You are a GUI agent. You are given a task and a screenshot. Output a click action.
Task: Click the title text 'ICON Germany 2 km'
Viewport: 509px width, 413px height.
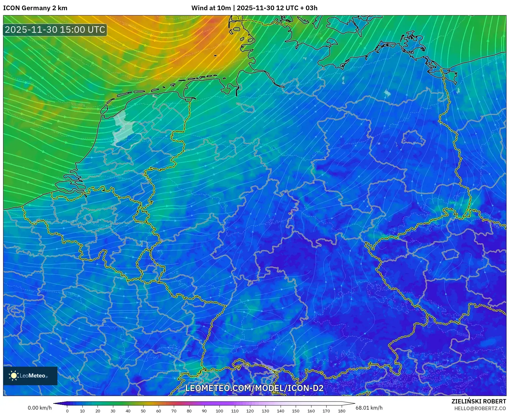coord(35,8)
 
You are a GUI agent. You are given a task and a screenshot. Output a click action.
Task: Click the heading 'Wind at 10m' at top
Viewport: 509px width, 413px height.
coord(211,8)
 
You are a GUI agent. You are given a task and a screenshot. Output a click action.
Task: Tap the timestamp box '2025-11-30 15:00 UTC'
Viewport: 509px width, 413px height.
coord(55,30)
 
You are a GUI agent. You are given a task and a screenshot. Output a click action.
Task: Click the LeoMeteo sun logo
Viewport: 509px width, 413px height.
coord(14,376)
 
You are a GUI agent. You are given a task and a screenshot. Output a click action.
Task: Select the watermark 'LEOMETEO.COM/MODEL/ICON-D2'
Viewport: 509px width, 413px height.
coord(254,388)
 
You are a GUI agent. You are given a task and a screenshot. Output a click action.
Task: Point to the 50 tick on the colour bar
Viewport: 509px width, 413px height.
coord(143,411)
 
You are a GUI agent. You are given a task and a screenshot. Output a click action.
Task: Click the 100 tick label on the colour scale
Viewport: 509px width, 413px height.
coord(219,411)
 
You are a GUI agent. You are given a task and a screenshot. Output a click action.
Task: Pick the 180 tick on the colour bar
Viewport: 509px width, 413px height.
coord(341,411)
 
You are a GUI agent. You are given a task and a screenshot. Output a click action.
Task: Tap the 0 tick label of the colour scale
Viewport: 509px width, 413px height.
coord(67,411)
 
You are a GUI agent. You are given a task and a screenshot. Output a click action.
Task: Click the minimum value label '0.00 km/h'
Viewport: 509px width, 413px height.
coord(40,408)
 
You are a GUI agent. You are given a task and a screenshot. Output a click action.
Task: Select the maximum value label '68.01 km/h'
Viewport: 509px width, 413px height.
coord(369,408)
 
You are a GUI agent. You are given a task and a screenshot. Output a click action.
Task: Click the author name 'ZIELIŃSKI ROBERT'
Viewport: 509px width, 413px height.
coord(479,401)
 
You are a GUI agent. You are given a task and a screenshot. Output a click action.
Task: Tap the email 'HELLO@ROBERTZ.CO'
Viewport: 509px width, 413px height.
coord(480,408)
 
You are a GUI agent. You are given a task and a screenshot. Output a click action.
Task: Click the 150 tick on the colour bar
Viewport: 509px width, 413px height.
coord(296,411)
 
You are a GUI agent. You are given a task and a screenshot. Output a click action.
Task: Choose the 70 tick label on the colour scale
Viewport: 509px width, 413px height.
coord(174,411)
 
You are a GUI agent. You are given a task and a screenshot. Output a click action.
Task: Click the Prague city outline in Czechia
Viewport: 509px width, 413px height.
coord(450,255)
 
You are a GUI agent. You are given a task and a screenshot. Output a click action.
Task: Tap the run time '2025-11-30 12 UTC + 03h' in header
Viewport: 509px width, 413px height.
coord(277,8)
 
